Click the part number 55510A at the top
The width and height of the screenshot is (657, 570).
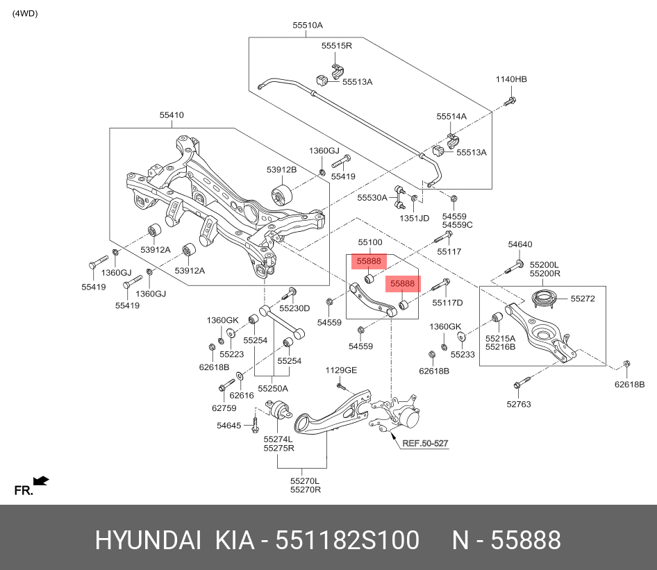pos(307,25)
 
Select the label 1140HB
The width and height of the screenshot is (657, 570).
pos(510,80)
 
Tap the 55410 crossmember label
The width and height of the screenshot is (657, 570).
pos(172,115)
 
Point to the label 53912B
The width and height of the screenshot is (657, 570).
pos(281,169)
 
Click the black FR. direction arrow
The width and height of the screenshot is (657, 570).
pos(41,480)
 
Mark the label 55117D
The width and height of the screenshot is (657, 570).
pos(447,303)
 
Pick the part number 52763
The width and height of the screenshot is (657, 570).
pos(518,403)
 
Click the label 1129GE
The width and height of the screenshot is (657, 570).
pos(341,371)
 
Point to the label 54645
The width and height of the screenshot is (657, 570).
pos(228,425)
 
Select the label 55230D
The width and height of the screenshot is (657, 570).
pos(294,308)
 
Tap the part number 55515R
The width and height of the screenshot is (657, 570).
pos(337,46)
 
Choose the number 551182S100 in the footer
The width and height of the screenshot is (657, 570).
pos(348,540)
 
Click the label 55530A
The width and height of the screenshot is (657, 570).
pos(372,198)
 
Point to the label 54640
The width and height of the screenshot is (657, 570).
pos(519,244)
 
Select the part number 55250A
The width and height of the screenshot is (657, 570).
pos(273,389)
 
